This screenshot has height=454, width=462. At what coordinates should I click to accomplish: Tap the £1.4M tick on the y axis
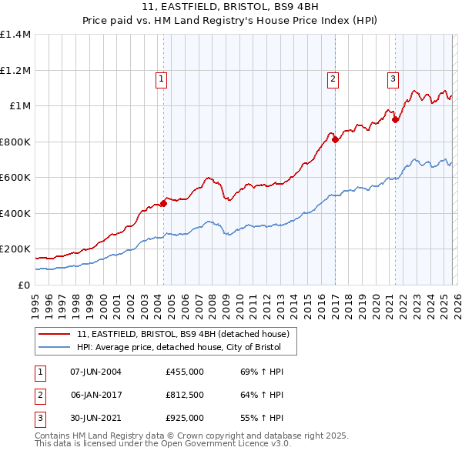point(15,35)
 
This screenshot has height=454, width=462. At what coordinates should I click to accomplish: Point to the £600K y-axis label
point(15,178)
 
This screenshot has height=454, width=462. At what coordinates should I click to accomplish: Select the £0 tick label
point(24,285)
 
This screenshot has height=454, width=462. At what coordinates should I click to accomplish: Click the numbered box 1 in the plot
point(162,78)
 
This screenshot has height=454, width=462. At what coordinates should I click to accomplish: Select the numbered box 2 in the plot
point(333,78)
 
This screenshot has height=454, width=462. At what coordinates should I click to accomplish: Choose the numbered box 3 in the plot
point(393,78)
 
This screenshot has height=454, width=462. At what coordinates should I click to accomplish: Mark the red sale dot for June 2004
point(163,203)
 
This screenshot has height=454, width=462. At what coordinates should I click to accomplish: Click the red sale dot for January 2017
point(335,139)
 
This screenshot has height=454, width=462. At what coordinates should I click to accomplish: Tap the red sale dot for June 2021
point(396,119)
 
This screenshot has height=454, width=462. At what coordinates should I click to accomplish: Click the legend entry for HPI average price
point(179,347)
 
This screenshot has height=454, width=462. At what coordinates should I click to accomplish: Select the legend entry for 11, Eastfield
point(182,334)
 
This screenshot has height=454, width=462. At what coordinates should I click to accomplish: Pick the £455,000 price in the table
point(185,372)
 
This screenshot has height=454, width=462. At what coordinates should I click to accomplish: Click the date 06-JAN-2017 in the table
point(95,395)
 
